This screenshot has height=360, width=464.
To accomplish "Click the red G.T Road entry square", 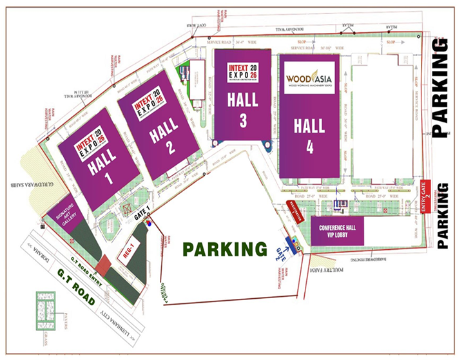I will (101, 265).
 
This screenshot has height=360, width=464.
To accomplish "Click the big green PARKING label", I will (224, 249).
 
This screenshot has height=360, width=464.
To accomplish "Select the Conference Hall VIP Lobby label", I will (337, 231).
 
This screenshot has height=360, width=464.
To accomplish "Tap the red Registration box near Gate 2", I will (298, 212).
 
